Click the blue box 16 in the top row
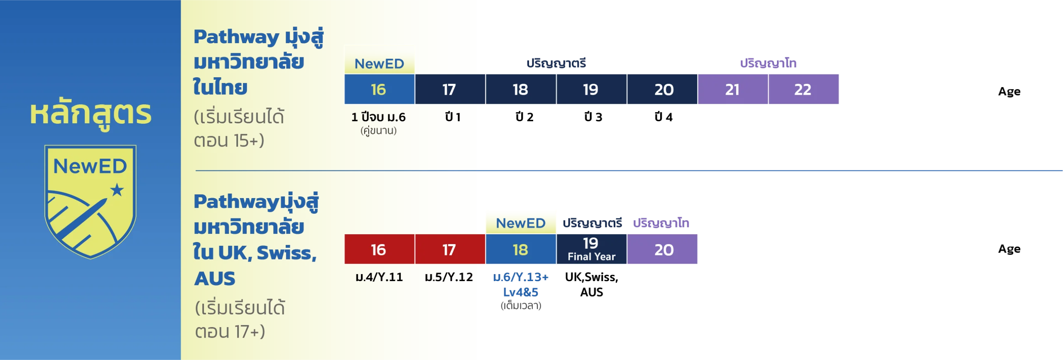point(379,89)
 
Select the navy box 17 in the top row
point(450,89)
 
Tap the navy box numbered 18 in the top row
point(520,89)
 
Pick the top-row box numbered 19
point(591,89)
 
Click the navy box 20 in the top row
point(663,89)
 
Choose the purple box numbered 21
point(732,89)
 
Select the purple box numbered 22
point(803,89)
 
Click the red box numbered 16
point(379,249)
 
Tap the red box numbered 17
point(450,249)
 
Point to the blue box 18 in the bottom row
point(520,249)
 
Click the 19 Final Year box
point(591,249)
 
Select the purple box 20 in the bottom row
point(663,249)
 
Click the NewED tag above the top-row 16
point(379,64)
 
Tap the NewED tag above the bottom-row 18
point(521,223)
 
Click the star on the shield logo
point(117,190)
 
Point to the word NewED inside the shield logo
point(90,167)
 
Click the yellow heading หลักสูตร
point(91,113)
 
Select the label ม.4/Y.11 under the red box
point(379,277)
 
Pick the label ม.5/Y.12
point(449,277)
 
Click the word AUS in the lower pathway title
point(215,279)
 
